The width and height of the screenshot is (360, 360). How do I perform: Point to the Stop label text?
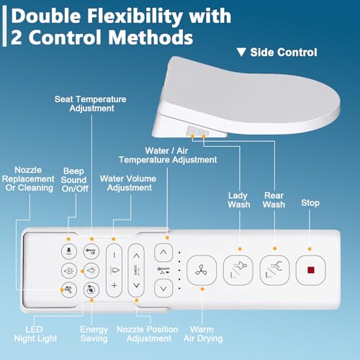point(310,204)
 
